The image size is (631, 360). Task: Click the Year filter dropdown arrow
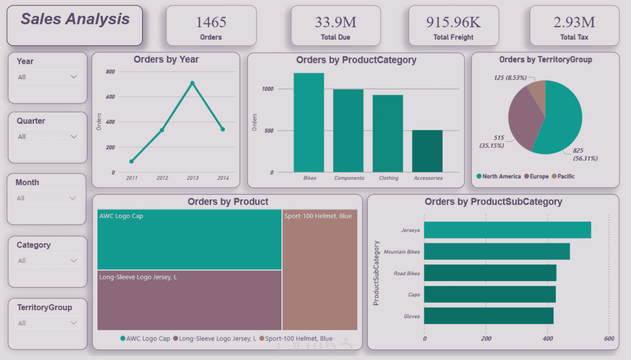[73, 77]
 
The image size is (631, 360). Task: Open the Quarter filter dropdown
[48, 137]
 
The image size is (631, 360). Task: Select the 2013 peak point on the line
[192, 83]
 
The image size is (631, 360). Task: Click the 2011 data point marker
[131, 161]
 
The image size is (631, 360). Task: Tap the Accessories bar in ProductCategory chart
[427, 151]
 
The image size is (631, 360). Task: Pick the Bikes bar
[309, 122]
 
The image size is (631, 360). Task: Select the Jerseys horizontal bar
[507, 230]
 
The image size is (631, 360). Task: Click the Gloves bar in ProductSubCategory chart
[488, 316]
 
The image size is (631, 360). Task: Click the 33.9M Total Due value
[336, 22]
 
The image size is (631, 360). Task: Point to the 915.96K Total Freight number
[453, 22]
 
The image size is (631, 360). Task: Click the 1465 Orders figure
[211, 22]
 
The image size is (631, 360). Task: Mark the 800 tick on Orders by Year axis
[110, 72]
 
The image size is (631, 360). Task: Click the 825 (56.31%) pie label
[585, 154]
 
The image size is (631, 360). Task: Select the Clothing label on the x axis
[389, 178]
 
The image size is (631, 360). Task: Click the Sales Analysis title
[75, 19]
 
